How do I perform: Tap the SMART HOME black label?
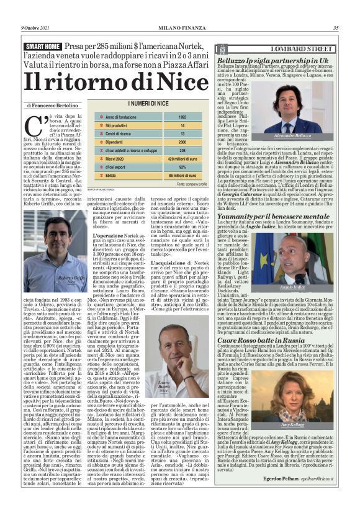[x=44, y=47]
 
